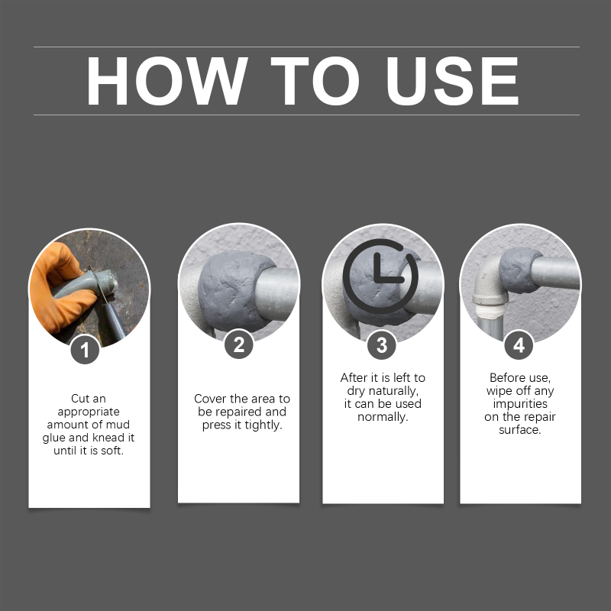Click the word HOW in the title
coord(166,81)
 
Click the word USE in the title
coord(452,81)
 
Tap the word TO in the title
coord(315,81)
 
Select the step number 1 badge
coord(85,350)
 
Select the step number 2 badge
coord(239,345)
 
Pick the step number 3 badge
coord(382,345)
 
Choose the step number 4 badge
coord(519,345)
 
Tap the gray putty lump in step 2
coord(230,290)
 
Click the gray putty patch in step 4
coord(519,270)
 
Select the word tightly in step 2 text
coord(263,425)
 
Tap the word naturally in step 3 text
coord(393,391)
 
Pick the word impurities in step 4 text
coord(520,404)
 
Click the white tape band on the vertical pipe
coord(491,311)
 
